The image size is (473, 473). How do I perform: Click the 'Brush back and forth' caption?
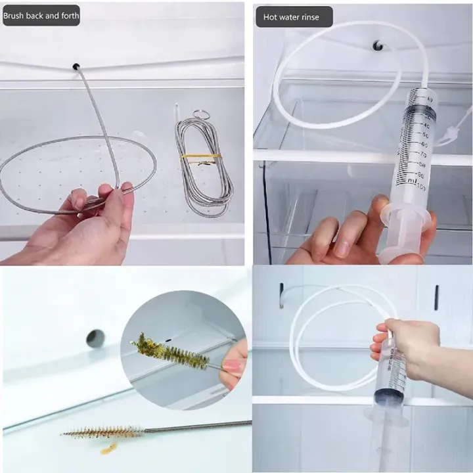click(x=41, y=15)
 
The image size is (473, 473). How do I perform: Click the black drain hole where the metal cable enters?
click(x=76, y=67)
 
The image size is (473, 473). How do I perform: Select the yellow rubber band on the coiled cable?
click(x=201, y=156)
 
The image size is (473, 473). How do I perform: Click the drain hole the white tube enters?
click(x=378, y=45)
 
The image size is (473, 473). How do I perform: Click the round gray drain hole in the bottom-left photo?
click(x=96, y=338)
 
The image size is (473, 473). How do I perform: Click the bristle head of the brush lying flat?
click(x=102, y=432)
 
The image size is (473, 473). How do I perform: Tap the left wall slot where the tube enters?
click(x=281, y=295)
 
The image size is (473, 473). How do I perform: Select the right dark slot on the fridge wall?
click(x=436, y=297)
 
